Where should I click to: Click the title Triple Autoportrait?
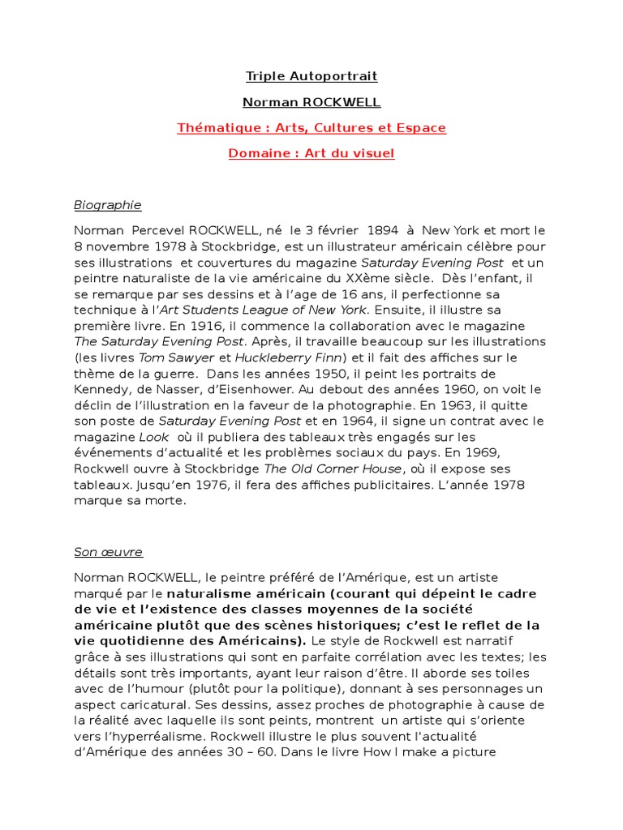[311, 77]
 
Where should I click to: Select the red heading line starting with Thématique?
[311, 128]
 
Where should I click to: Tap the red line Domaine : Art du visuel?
[311, 153]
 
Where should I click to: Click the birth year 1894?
[372, 230]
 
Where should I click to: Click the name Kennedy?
[105, 389]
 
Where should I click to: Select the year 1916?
[165, 326]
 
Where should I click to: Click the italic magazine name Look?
[154, 437]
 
